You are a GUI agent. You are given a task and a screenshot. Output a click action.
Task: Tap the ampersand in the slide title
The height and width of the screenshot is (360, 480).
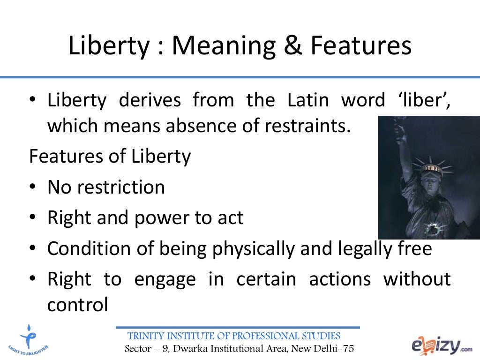click(x=293, y=46)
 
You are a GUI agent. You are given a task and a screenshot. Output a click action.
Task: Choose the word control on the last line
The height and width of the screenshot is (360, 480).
click(x=77, y=305)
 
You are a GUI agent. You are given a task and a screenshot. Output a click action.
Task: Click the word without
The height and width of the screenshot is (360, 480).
click(x=417, y=279)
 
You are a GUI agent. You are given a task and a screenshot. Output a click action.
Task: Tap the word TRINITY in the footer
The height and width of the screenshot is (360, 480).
click(x=147, y=336)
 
